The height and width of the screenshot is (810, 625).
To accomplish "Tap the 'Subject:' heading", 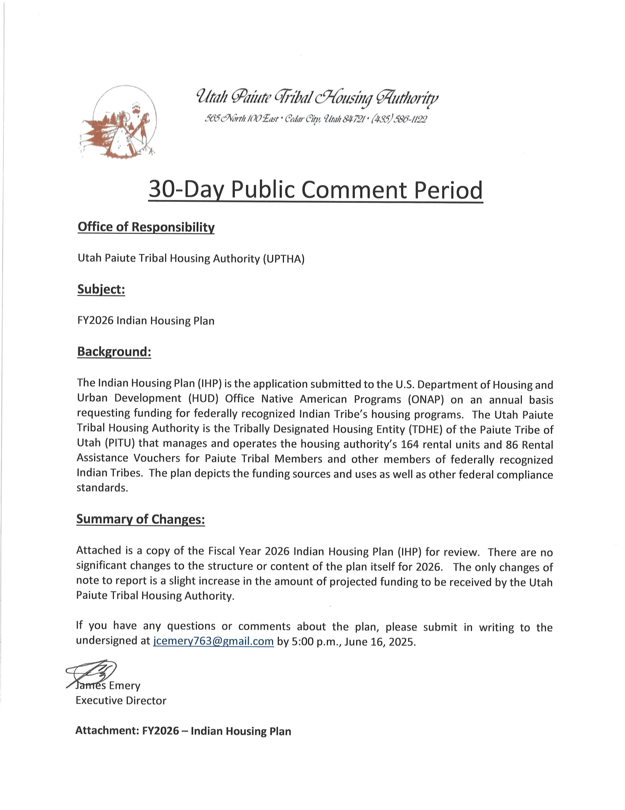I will point(101,289).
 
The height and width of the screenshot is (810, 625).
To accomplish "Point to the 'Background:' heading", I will point(114,351).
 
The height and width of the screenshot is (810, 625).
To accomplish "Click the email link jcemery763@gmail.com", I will point(213,641).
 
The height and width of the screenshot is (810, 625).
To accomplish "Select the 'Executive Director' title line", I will point(121,701).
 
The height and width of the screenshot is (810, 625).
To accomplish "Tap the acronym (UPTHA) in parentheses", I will point(283,259).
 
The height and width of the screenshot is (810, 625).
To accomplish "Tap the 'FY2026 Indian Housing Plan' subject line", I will point(146,321).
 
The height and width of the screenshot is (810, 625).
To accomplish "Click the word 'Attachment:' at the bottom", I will point(107,731).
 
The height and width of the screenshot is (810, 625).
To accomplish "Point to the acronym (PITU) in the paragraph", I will point(106,444).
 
